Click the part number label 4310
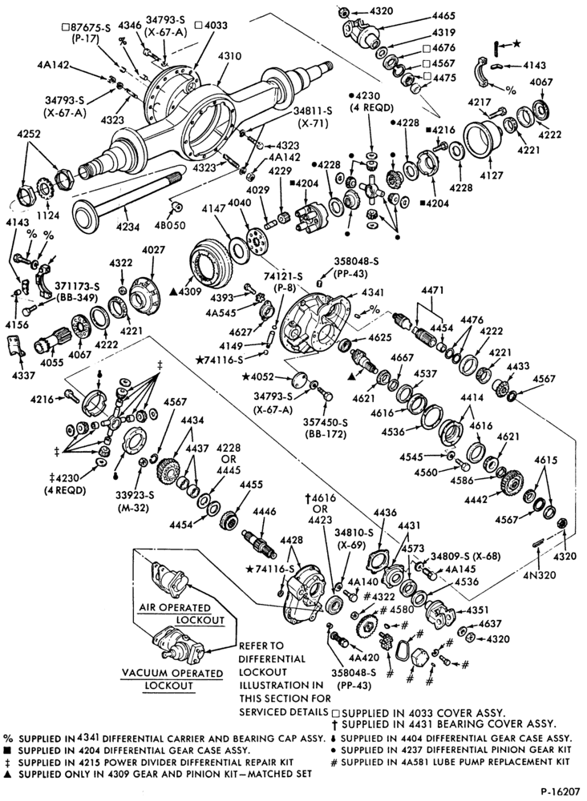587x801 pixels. coord(230,56)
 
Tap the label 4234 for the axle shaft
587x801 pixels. coord(128,227)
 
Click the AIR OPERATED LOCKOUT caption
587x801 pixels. coord(182,614)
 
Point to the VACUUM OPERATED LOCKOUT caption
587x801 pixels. coord(172,679)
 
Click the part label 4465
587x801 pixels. coord(443,16)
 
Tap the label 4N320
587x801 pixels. coord(539,574)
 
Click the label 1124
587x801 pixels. coord(49,215)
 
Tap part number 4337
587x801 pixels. coord(22,376)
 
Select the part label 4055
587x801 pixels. coord(51,362)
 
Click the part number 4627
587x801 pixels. coord(241,332)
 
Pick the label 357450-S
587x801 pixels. coord(326,422)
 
